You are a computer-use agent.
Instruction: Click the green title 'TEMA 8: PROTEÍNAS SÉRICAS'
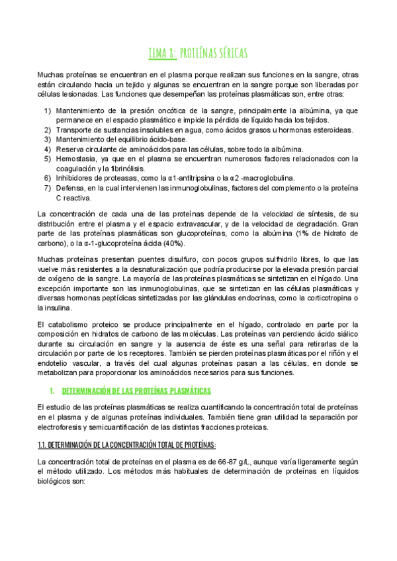198,53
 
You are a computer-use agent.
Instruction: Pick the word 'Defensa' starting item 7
71,188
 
